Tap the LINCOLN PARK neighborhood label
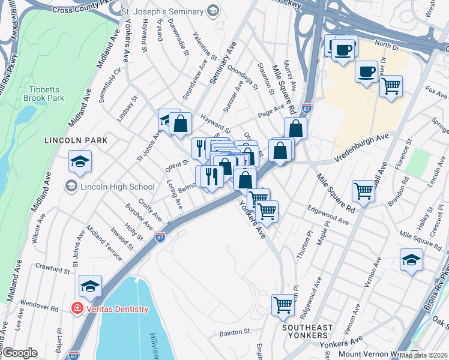click(76, 140)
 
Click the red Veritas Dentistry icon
click(77, 309)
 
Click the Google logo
click(19, 353)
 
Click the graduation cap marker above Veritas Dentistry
click(90, 287)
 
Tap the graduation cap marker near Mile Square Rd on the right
click(411, 260)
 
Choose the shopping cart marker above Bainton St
click(283, 304)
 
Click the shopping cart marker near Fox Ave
click(391, 85)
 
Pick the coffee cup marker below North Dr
click(366, 72)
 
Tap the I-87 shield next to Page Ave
click(306, 110)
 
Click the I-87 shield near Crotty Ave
click(160, 237)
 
